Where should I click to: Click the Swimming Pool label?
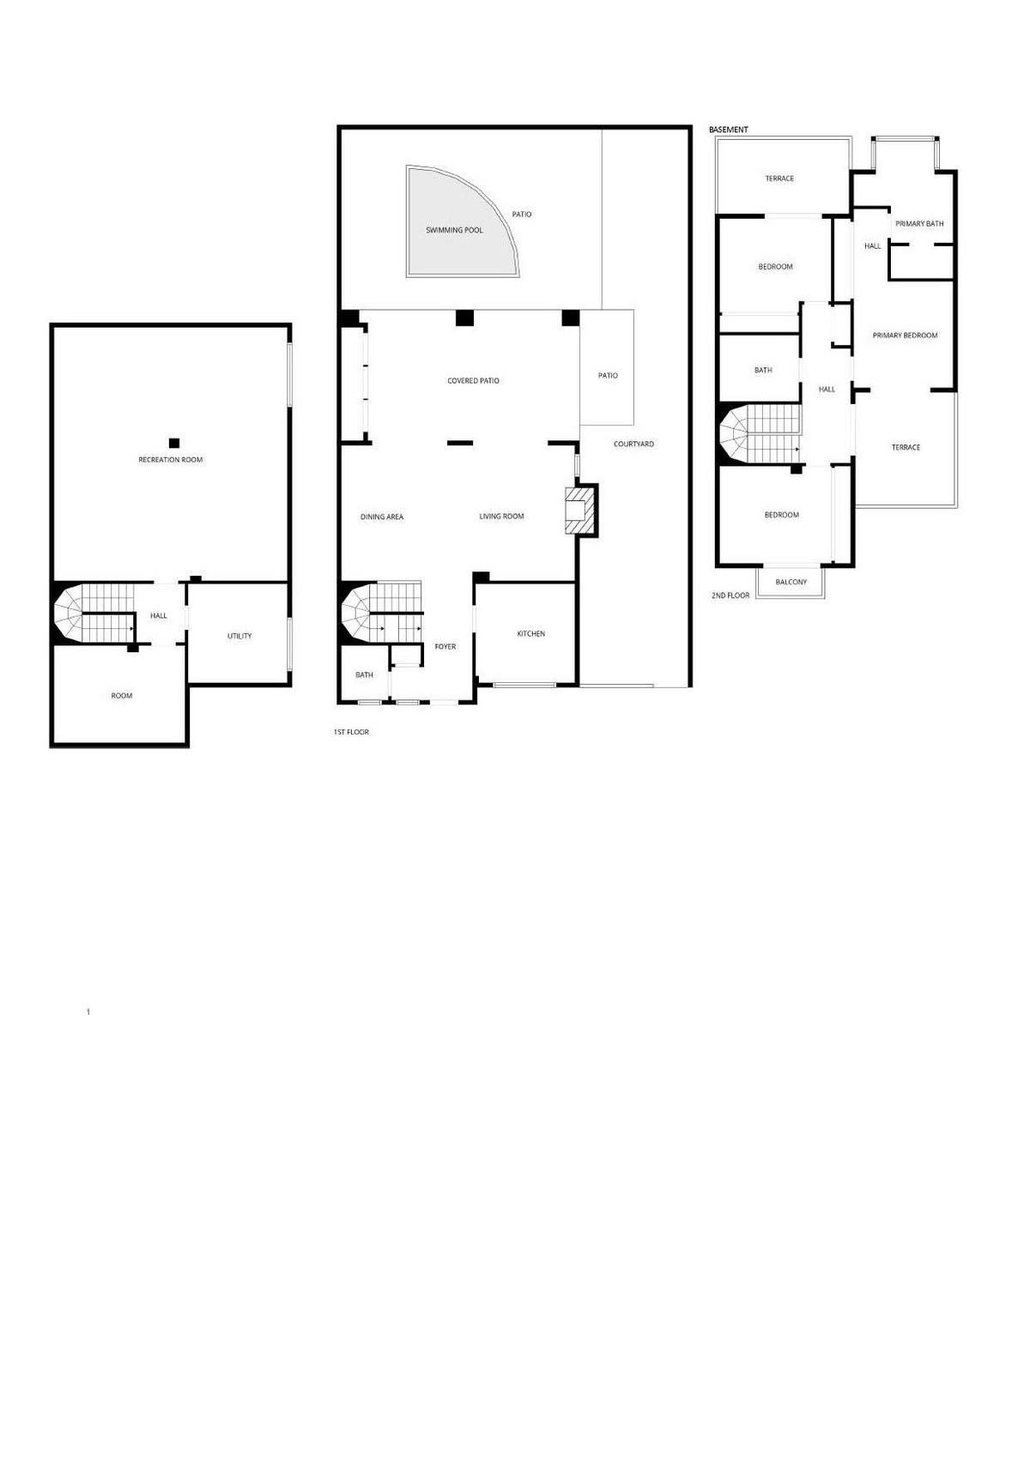point(454,230)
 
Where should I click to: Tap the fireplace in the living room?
point(579,511)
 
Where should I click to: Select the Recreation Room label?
point(171,460)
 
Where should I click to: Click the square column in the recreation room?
point(174,443)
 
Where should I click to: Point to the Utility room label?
point(239,636)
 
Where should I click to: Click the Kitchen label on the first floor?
point(530,633)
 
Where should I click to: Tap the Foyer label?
point(445,646)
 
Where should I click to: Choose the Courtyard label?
point(633,444)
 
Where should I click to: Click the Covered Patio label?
point(473,380)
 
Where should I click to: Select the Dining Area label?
point(382,517)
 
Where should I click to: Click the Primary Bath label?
point(919,224)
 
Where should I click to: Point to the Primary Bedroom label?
point(905,336)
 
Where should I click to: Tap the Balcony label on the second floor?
point(791,582)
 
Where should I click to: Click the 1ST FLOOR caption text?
point(351,732)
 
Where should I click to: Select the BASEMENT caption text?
point(729,130)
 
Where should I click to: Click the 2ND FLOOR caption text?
point(730,595)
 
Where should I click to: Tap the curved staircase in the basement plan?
point(86,613)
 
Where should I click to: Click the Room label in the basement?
point(122,695)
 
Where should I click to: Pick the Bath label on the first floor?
point(364,674)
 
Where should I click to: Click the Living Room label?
point(501,516)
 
